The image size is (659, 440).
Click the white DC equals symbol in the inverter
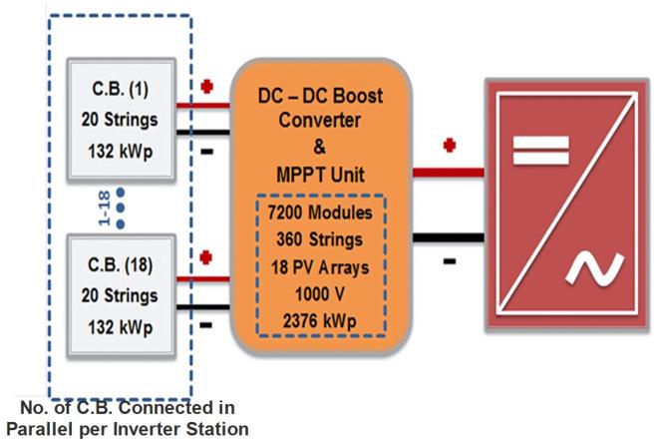click(x=539, y=153)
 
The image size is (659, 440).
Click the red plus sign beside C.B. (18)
click(x=207, y=257)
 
